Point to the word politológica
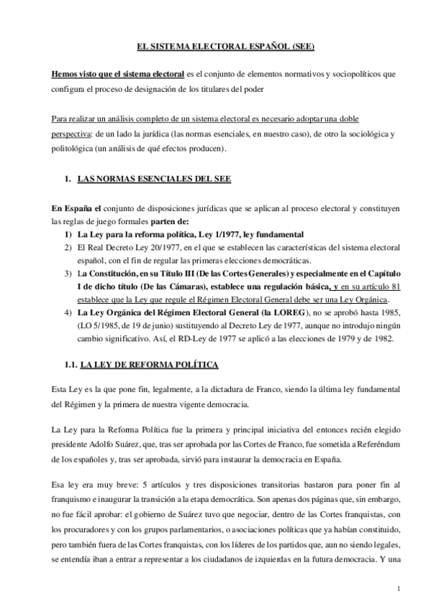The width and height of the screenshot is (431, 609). (76, 148)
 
